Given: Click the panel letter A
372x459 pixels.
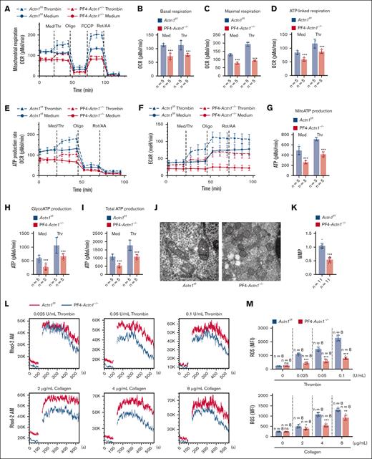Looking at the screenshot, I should (x=6, y=6).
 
